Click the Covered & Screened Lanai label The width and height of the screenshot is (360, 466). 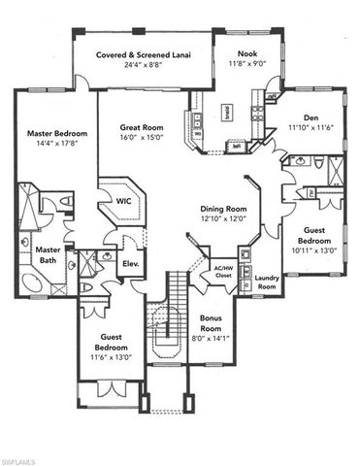[x=143, y=56]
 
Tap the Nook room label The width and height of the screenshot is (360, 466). [x=235, y=56]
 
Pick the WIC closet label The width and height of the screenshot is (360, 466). [x=124, y=201]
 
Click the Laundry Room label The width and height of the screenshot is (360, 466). [x=267, y=283]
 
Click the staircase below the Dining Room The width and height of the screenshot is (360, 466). [x=175, y=301]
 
